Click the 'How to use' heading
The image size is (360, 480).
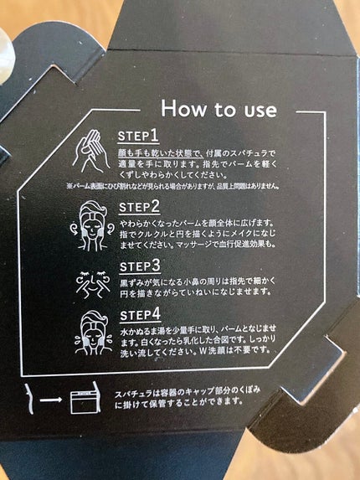[219, 109]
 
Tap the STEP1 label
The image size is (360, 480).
[138, 136]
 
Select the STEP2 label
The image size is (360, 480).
[139, 207]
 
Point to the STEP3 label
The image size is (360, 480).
[140, 266]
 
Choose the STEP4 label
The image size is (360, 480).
[141, 315]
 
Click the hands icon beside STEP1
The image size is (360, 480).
[91, 152]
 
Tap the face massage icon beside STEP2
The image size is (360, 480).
[92, 225]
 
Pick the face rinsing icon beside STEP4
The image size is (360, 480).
[93, 333]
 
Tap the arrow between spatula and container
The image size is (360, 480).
[51, 400]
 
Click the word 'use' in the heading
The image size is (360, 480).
[260, 111]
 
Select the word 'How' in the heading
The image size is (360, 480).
[183, 108]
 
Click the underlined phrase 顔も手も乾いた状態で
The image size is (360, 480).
[159, 152]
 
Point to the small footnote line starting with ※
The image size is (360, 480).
[172, 186]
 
